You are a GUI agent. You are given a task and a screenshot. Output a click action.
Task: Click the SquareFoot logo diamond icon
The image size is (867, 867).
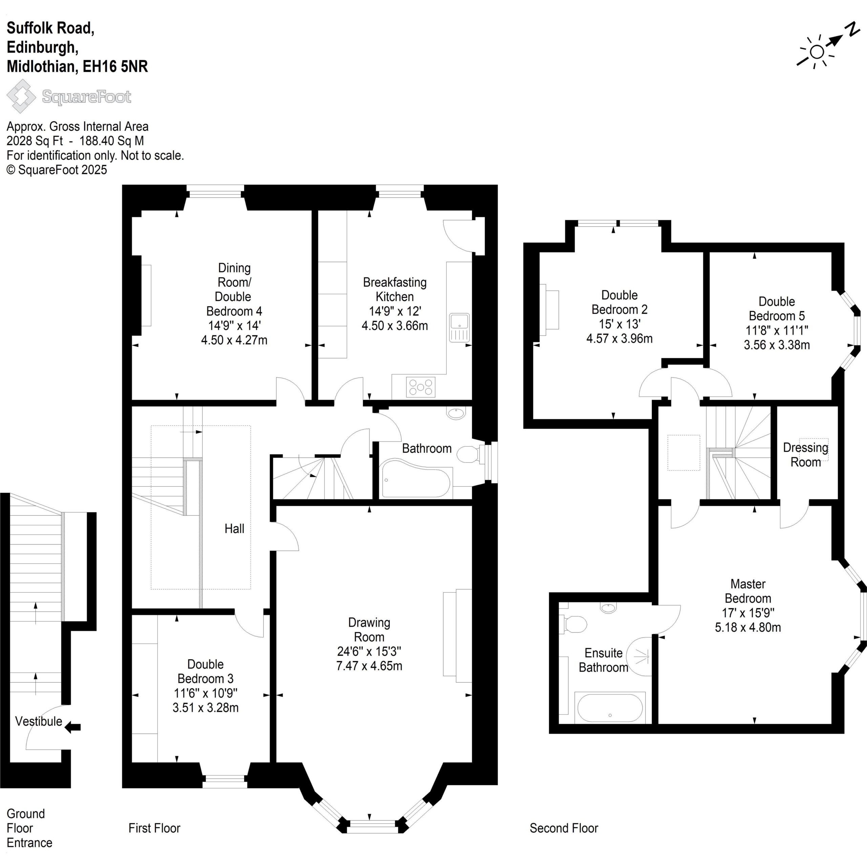pyautogui.click(x=21, y=96)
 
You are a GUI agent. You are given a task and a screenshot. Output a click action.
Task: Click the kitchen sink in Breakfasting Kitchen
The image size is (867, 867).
pyautogui.click(x=460, y=327)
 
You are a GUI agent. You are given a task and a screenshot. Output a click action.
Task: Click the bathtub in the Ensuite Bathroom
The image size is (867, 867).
pyautogui.click(x=610, y=708)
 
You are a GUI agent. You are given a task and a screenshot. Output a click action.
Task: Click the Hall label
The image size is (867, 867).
pyautogui.click(x=234, y=529)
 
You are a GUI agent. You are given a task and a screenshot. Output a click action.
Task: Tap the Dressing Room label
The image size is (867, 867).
pyautogui.click(x=805, y=454)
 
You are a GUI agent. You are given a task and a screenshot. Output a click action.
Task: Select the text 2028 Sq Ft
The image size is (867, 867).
pyautogui.click(x=35, y=141)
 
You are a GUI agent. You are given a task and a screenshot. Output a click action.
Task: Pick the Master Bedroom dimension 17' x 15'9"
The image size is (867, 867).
pyautogui.click(x=748, y=613)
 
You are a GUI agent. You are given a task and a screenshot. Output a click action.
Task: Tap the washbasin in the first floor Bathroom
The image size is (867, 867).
pyautogui.click(x=457, y=413)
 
